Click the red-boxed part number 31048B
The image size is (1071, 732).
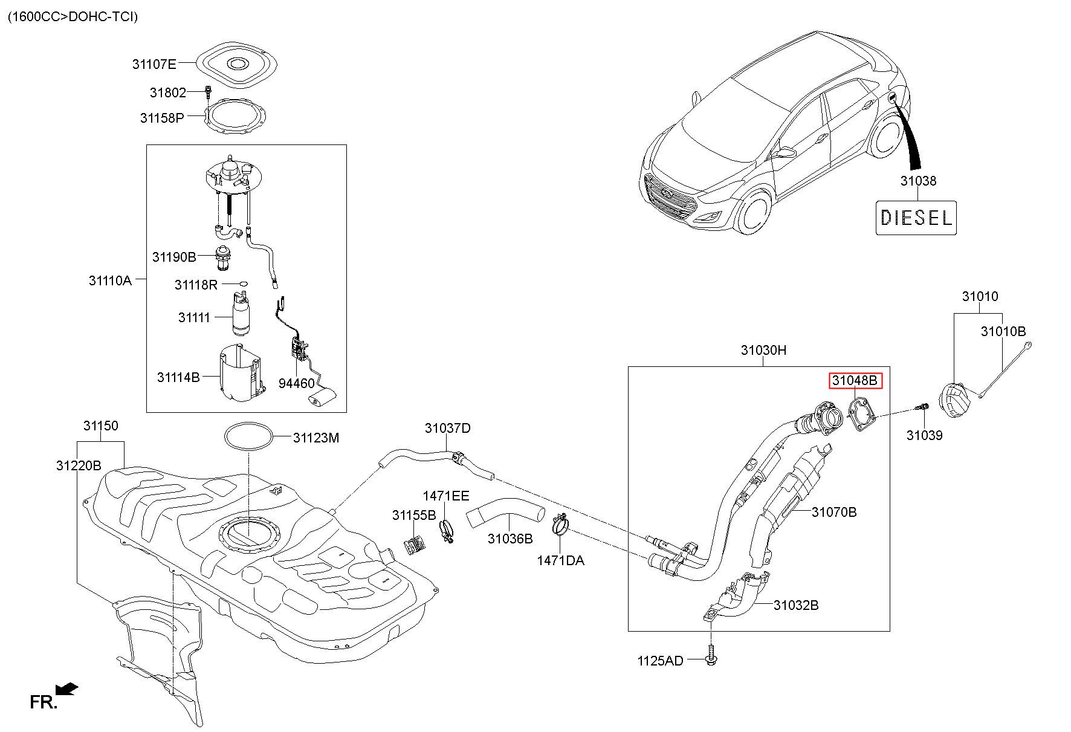coord(855,381)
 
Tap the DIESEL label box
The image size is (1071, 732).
coord(916,218)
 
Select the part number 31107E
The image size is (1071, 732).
coord(154,63)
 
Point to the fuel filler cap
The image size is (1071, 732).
coord(953,400)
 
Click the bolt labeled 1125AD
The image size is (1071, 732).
coord(711,656)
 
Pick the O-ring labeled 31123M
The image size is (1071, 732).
coord(249,436)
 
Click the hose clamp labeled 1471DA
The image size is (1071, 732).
coord(560,523)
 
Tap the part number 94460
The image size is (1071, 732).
coord(296,383)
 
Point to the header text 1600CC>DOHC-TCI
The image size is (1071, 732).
coord(73,16)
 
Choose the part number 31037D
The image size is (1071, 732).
coord(447,428)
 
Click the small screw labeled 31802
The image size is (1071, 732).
coord(208,92)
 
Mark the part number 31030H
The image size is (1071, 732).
coord(763,351)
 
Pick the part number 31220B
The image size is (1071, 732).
coord(79,465)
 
